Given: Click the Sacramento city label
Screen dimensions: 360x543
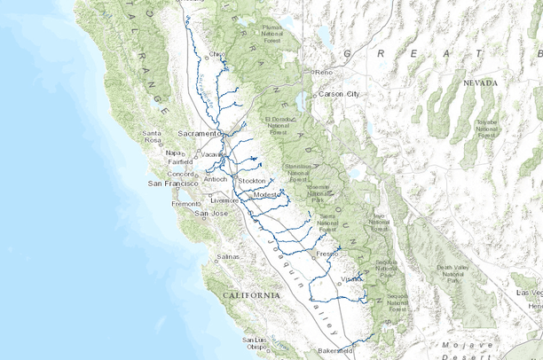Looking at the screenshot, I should (197, 133).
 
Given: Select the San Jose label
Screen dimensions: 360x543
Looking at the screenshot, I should (212, 213).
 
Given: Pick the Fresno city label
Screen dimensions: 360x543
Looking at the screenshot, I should (327, 254).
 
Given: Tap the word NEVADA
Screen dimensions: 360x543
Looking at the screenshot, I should (480, 82).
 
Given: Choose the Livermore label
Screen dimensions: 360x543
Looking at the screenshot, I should (224, 200).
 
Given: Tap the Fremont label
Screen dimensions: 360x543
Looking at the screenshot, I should (185, 204).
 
